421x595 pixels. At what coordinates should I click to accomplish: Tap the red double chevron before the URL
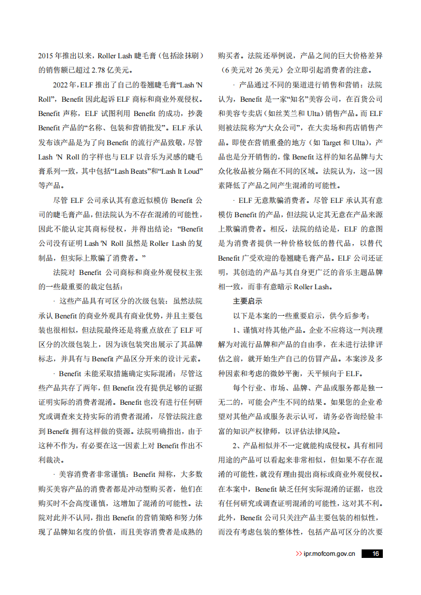pyautogui.click(x=299, y=554)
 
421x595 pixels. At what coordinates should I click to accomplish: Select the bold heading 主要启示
pyautogui.click(x=247, y=301)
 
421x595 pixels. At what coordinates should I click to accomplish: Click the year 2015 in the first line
pyautogui.click(x=46, y=56)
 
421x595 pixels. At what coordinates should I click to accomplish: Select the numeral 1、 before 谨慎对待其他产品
pyautogui.click(x=237, y=330)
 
